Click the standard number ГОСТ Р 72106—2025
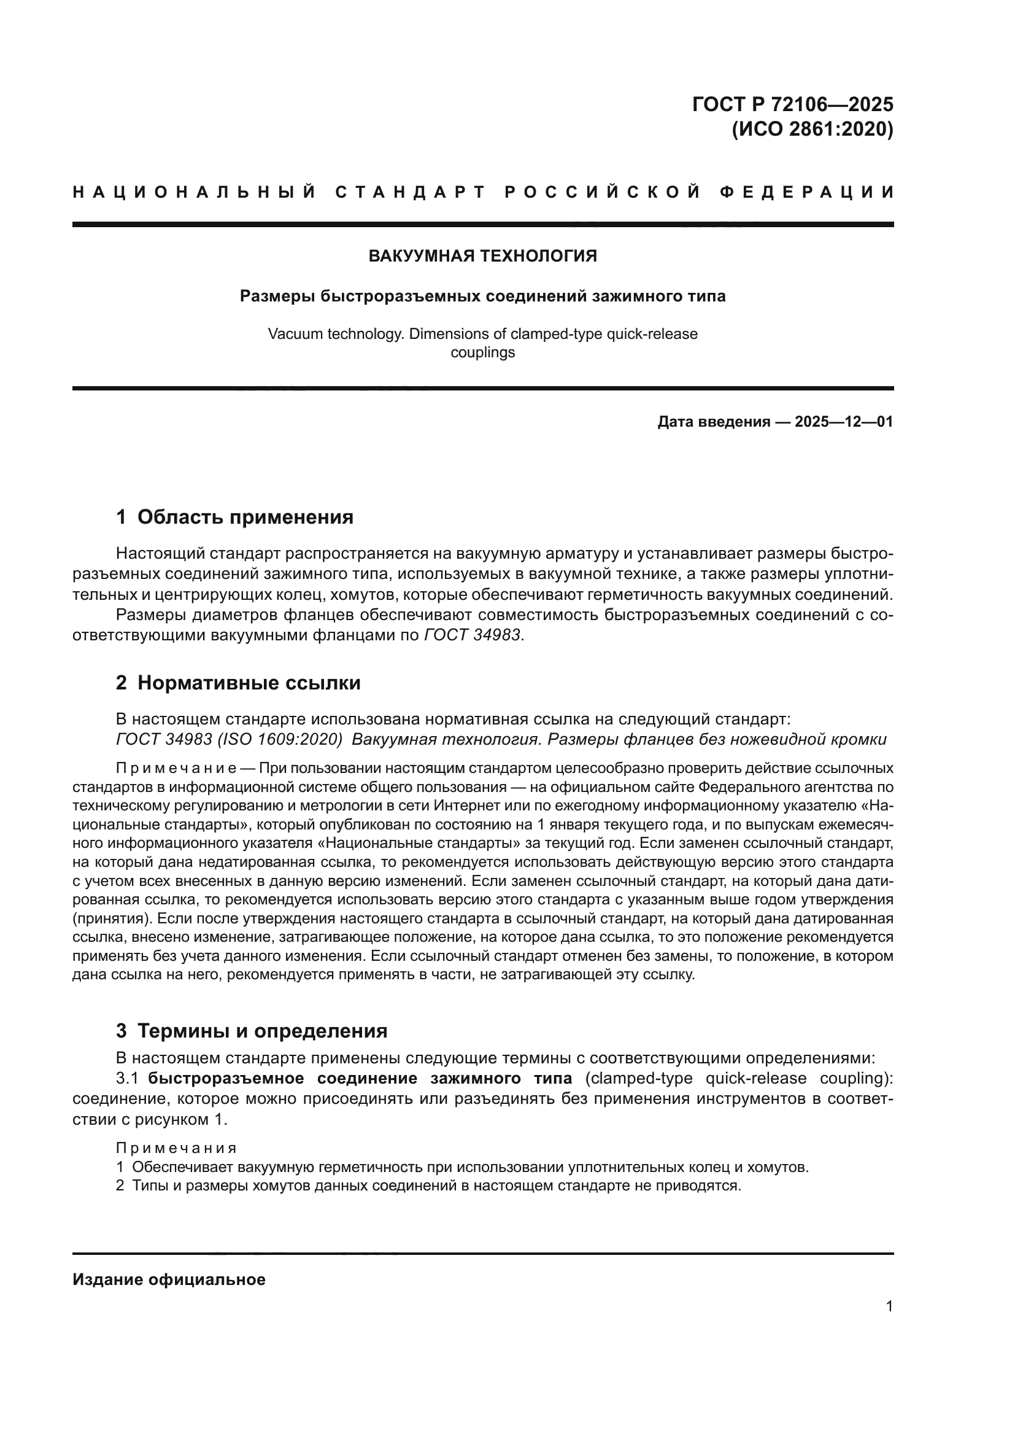[792, 104]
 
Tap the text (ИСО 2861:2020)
[812, 130]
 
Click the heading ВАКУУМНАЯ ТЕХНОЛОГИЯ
[482, 256]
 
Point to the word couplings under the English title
[482, 352]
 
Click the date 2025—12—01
[844, 422]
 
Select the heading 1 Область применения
[234, 517]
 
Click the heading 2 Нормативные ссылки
[238, 683]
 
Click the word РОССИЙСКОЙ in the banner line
[603, 192]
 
